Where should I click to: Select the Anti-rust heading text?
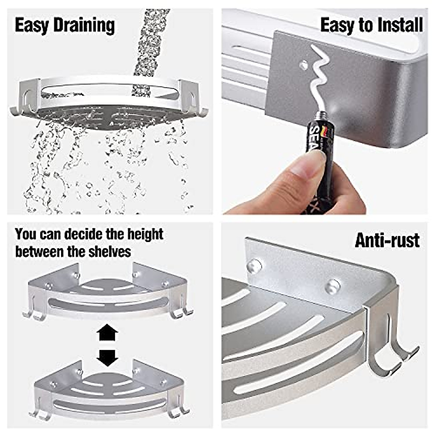387,240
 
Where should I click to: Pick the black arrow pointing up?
108,332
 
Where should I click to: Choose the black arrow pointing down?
108,358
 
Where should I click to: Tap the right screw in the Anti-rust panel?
332,286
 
